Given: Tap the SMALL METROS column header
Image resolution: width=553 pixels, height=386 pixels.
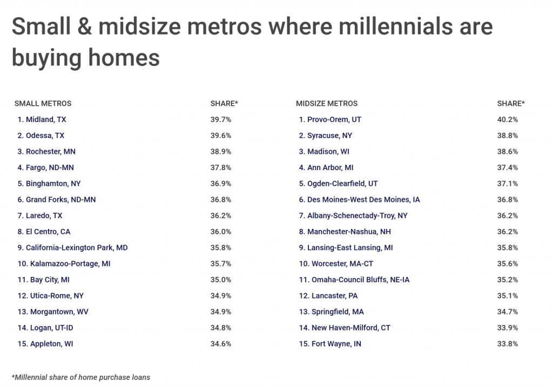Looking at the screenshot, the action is [x=43, y=104].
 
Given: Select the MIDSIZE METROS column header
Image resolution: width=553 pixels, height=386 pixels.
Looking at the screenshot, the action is [x=327, y=104].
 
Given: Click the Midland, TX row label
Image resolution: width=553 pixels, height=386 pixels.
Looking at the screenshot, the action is [x=42, y=119].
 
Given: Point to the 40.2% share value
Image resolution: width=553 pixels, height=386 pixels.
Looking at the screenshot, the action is [x=508, y=119].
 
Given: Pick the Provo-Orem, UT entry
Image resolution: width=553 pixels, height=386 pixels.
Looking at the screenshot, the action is [x=330, y=119].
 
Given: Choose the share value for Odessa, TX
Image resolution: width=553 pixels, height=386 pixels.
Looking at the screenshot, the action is [x=221, y=136].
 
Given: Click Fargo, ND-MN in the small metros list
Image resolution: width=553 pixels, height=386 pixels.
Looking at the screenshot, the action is [x=45, y=167].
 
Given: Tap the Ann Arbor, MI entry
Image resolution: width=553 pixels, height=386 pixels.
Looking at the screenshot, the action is [x=326, y=167].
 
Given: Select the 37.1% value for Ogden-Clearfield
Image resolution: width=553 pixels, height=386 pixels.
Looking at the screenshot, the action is [x=508, y=184].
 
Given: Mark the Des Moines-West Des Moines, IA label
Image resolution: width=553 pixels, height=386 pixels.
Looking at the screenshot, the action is [x=359, y=200].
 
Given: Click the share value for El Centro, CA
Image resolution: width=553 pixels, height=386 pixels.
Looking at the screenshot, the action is [x=221, y=232].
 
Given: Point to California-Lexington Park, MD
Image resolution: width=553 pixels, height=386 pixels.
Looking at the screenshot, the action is [x=73, y=248].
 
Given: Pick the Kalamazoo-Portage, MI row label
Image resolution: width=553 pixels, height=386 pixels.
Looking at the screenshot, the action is [x=64, y=263].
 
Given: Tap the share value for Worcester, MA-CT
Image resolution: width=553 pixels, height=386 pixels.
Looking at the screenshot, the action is [x=508, y=263].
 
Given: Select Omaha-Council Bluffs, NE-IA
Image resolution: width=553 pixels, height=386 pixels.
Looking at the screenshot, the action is [x=354, y=280].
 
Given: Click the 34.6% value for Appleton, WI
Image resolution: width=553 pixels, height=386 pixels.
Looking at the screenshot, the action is [x=221, y=344].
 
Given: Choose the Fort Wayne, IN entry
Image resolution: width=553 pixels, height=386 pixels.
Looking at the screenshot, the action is [x=330, y=344].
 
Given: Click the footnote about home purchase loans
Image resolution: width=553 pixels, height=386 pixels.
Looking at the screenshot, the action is [x=81, y=377].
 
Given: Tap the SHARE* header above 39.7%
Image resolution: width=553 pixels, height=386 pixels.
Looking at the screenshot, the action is [x=224, y=104].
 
